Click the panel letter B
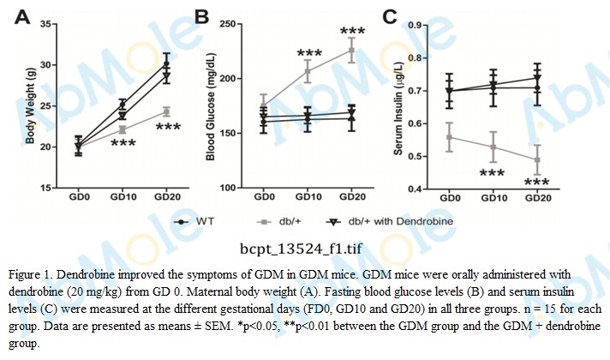click(x=202, y=15)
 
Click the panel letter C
click(x=391, y=15)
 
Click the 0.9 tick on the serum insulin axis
click(x=416, y=25)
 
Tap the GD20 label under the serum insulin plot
click(x=536, y=197)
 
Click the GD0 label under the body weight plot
click(x=79, y=197)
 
